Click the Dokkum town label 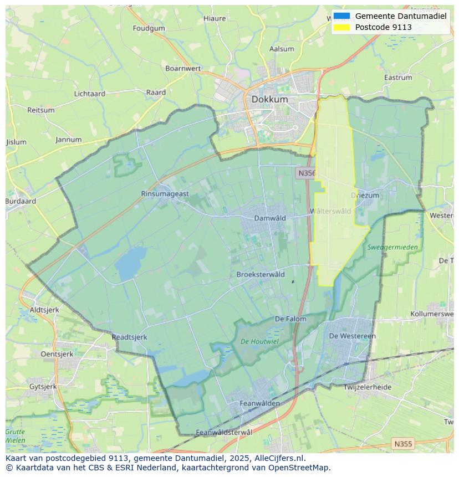(269, 99)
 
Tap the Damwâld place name (270, 218)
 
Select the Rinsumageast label (165, 193)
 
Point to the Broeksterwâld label (261, 274)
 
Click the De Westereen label (352, 336)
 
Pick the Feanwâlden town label (259, 403)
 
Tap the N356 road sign (306, 173)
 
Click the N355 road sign (402, 444)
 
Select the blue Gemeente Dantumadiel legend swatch (342, 16)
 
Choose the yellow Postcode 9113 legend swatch (342, 27)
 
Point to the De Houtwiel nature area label (259, 342)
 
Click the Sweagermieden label (392, 247)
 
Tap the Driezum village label (365, 196)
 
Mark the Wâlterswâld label (330, 211)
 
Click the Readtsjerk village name (129, 337)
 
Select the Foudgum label (149, 28)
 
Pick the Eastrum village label (398, 78)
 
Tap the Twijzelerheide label (367, 387)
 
